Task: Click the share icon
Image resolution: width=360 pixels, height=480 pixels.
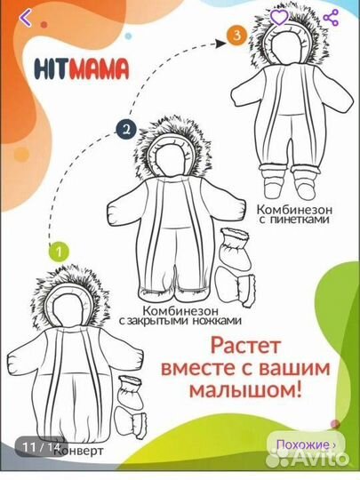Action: click(332, 17)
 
